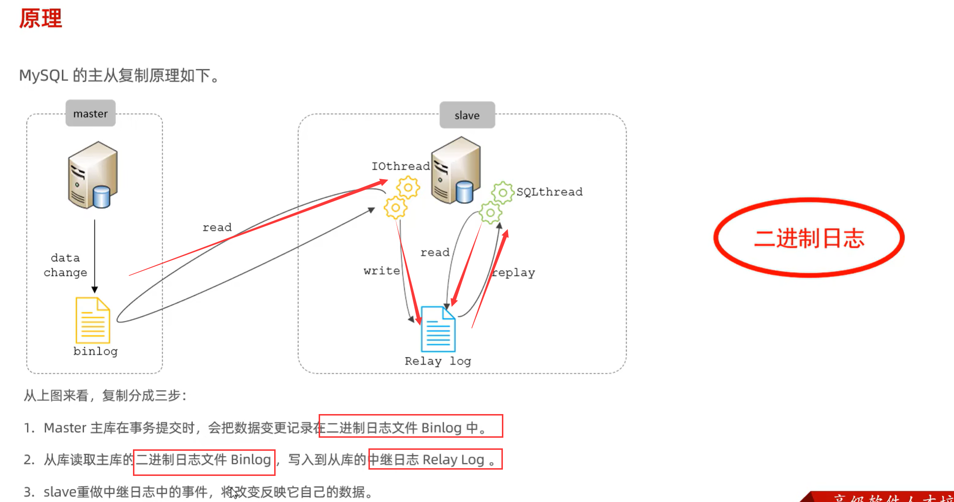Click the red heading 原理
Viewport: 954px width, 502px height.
pos(41,19)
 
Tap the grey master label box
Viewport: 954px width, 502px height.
pos(90,114)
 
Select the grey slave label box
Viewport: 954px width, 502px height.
pos(467,115)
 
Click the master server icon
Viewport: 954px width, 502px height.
pos(93,175)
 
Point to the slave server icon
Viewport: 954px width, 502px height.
pos(455,170)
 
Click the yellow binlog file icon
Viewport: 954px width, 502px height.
pos(93,320)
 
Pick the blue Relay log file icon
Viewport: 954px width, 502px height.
pos(438,330)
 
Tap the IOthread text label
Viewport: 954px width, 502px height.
pos(400,166)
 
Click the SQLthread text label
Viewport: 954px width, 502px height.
pos(549,192)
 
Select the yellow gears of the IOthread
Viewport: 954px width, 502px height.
pos(402,197)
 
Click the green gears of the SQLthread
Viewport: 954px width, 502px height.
pos(496,202)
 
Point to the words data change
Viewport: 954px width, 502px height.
pos(65,265)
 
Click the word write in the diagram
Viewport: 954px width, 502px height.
pos(382,271)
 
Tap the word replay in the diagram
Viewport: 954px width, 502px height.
pos(514,273)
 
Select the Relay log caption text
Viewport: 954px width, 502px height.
pos(438,361)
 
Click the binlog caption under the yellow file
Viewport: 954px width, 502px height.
pos(95,351)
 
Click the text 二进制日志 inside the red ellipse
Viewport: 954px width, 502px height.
pos(809,238)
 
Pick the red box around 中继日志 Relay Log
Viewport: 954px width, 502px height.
pos(435,459)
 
